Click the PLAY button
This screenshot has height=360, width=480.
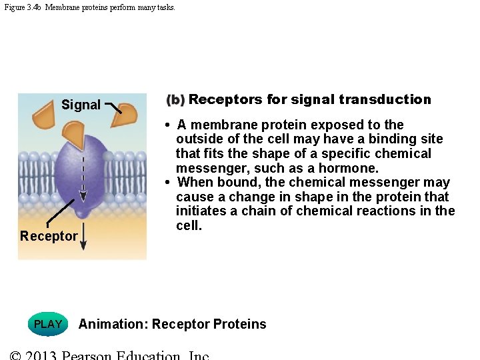click(48, 324)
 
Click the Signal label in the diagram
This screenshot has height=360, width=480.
click(81, 105)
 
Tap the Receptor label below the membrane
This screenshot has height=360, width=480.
click(49, 236)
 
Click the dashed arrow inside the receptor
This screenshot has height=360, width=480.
click(82, 177)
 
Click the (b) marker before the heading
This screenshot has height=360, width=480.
click(175, 100)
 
